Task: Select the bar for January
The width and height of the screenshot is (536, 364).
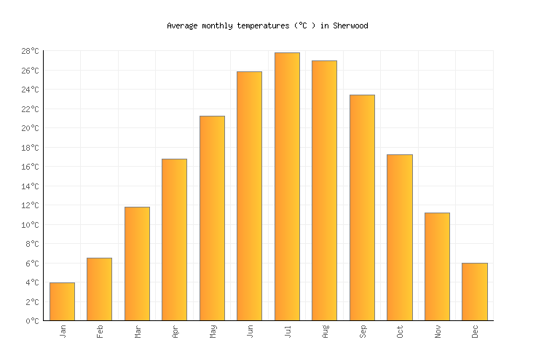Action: (x=62, y=301)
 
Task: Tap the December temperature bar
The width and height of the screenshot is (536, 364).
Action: (x=474, y=291)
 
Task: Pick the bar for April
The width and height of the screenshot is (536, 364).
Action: (x=174, y=240)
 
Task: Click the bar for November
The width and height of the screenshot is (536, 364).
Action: (x=437, y=266)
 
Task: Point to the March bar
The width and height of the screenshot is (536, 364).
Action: (x=137, y=264)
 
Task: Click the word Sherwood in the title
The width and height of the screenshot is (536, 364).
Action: (x=350, y=25)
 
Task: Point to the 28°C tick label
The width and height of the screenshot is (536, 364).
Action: (x=30, y=51)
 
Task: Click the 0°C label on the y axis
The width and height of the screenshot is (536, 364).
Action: (x=32, y=321)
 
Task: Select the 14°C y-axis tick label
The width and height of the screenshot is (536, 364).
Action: (x=30, y=186)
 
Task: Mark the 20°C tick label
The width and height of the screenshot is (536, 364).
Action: (x=30, y=128)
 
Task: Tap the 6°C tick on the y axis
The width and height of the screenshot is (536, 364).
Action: (x=32, y=264)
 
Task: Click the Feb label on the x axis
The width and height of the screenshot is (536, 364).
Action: (x=100, y=331)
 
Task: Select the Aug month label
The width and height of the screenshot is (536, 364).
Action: (x=325, y=332)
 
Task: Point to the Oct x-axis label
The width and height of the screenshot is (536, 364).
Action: (x=400, y=331)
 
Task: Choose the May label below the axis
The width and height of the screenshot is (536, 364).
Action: (x=213, y=332)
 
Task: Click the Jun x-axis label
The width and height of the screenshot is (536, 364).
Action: (x=250, y=331)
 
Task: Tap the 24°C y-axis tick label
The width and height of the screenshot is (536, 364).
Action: (x=30, y=90)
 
